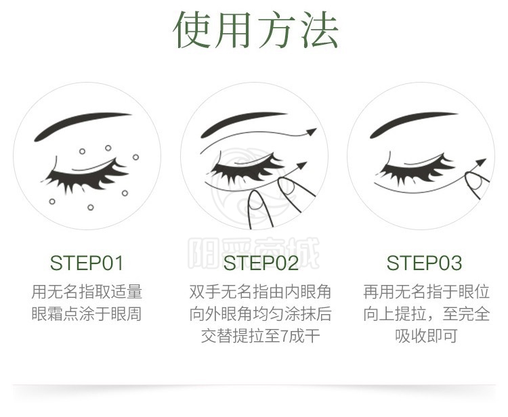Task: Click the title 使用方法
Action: (255, 30)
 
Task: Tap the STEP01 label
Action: (87, 263)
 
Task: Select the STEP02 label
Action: (261, 263)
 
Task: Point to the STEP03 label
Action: (424, 263)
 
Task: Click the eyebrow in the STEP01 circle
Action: (81, 125)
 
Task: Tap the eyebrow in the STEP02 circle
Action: (243, 124)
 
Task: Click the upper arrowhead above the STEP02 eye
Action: (311, 131)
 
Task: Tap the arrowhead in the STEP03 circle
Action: (481, 162)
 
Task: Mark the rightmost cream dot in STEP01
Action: (135, 157)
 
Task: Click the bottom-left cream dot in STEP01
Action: (52, 202)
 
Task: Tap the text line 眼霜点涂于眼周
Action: (87, 313)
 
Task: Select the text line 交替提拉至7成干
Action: (261, 335)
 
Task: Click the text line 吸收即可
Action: (426, 335)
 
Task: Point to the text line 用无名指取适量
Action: (87, 291)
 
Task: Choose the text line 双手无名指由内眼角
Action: (261, 291)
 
